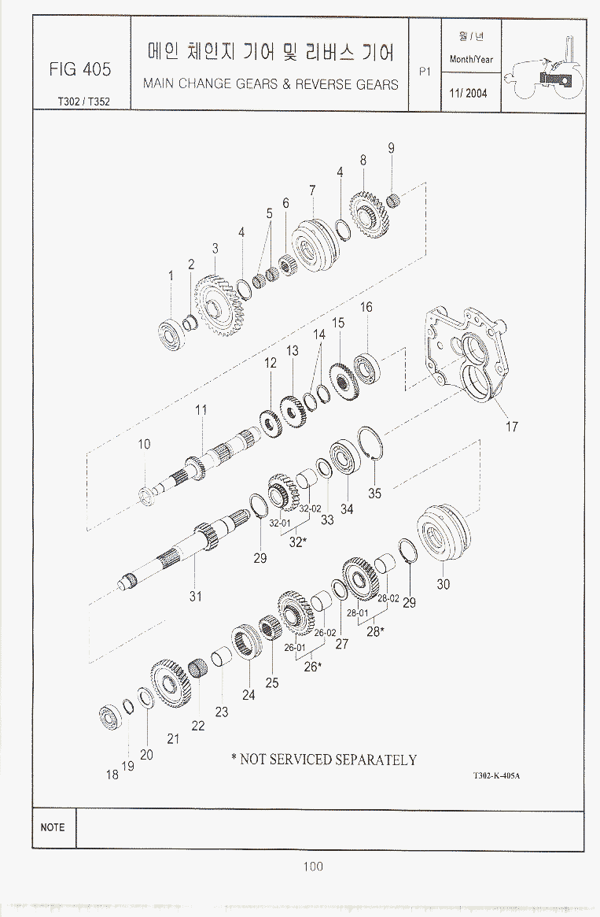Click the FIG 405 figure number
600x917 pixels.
click(x=80, y=69)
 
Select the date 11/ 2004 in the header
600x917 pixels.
click(x=468, y=93)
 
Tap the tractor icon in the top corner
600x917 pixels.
click(x=544, y=69)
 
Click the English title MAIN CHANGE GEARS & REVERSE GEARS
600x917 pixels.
click(x=271, y=84)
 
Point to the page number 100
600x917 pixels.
click(x=313, y=866)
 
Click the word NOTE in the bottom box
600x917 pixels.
click(x=53, y=827)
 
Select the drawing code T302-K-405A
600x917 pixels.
click(x=496, y=775)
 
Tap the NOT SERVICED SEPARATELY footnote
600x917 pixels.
click(x=324, y=760)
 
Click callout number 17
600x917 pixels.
click(x=512, y=427)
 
